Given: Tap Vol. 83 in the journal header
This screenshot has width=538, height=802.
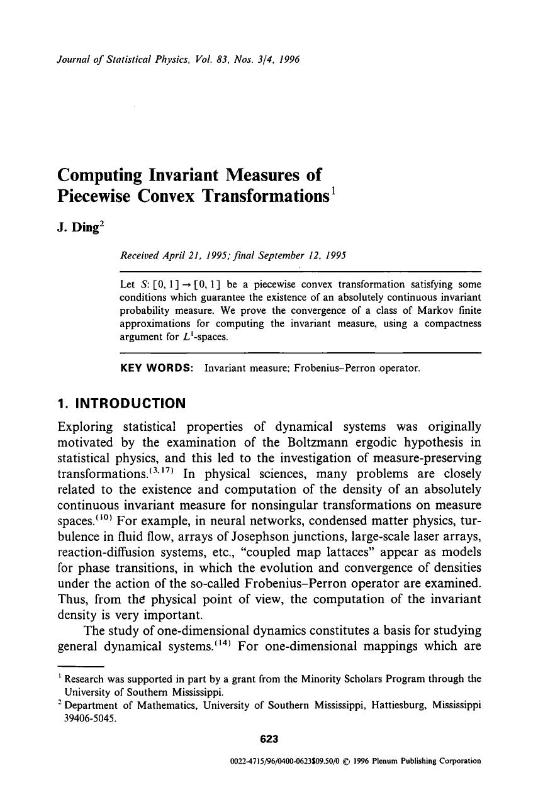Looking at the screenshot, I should coord(191,60).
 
